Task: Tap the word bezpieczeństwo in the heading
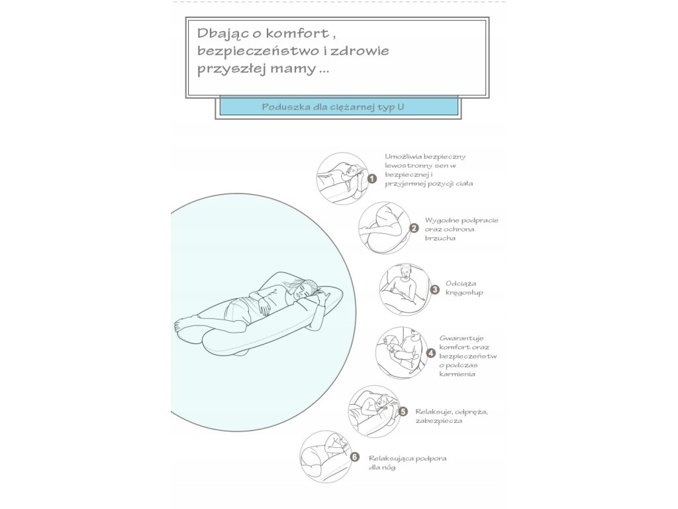pyautogui.click(x=242, y=50)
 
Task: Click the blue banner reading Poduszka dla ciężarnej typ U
pyautogui.click(x=338, y=105)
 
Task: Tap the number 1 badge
pyautogui.click(x=372, y=178)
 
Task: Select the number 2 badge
pyautogui.click(x=414, y=229)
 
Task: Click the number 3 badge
pyautogui.click(x=434, y=289)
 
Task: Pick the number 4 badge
pyautogui.click(x=431, y=353)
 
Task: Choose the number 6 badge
pyautogui.click(x=355, y=457)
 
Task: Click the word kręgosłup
pyautogui.click(x=465, y=292)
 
